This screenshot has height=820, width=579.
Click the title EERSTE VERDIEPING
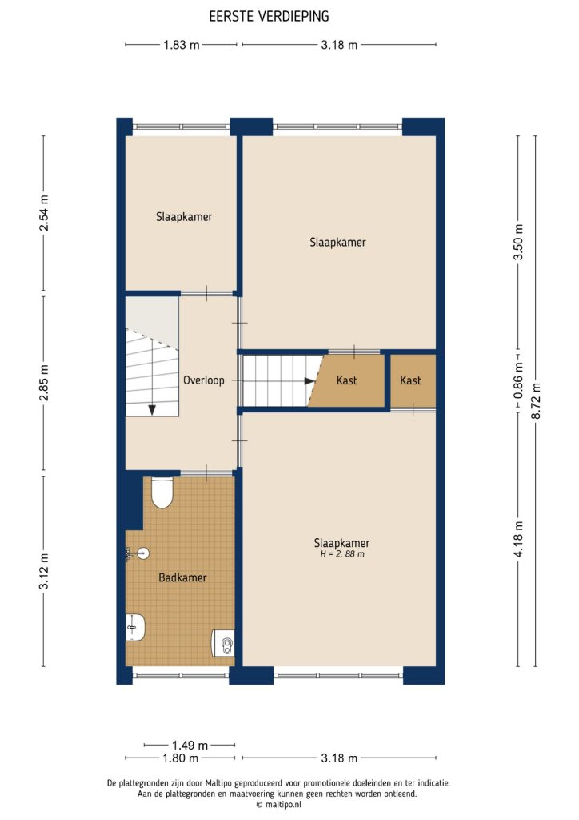[269, 16]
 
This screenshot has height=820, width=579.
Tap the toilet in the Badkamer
[162, 492]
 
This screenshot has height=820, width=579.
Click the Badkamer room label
[182, 577]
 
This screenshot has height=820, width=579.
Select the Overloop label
[203, 380]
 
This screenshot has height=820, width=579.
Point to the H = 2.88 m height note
[341, 553]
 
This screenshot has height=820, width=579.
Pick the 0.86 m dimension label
[517, 382]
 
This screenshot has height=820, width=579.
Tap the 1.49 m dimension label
[190, 743]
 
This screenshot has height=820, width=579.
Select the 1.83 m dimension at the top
[181, 45]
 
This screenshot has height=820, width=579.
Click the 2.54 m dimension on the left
[44, 214]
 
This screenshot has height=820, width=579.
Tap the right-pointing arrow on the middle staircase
[308, 382]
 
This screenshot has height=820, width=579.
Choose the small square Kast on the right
[411, 380]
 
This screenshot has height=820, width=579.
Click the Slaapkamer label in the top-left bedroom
[184, 216]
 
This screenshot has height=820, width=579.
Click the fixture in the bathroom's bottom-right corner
[223, 642]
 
